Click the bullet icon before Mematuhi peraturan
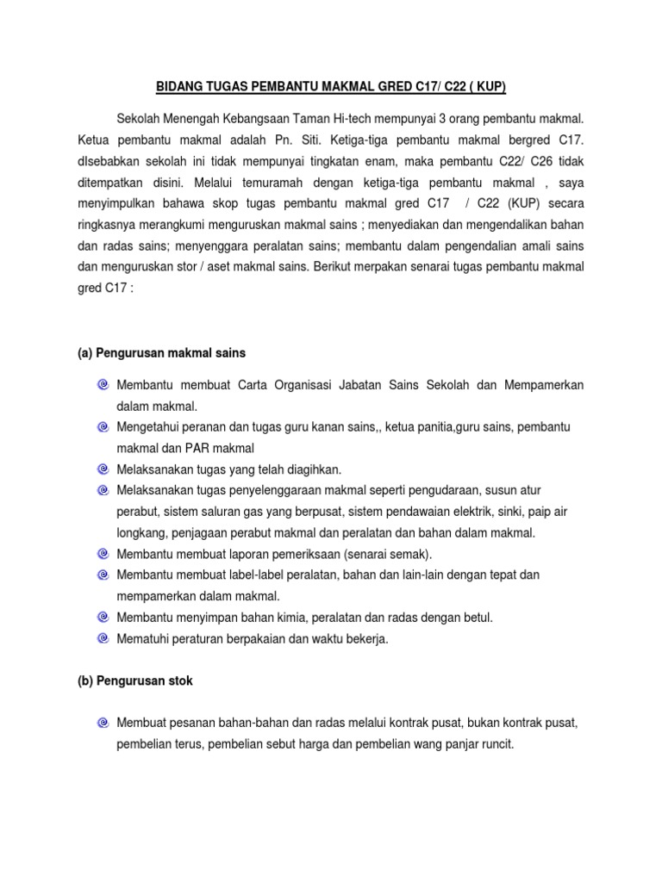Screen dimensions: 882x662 coord(103,638)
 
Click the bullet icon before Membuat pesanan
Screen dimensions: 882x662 coord(103,723)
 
